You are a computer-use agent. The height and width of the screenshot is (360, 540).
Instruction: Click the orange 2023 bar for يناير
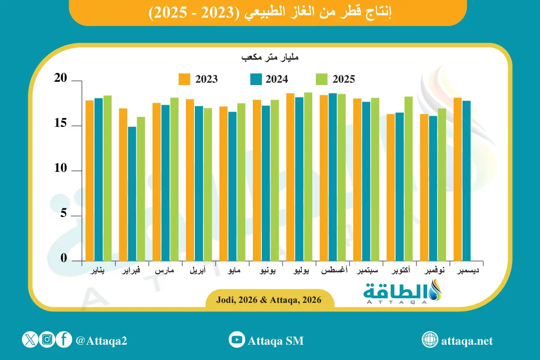[90, 180]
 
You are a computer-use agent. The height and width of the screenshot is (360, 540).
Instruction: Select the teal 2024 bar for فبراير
[131, 193]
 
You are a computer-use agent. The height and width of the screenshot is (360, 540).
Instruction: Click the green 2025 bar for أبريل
[207, 184]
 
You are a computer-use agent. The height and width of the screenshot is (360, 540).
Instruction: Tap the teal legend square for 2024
[255, 79]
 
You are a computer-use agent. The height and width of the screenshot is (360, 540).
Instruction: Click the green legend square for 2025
[322, 79]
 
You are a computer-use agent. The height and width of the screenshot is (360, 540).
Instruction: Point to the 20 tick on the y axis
[61, 79]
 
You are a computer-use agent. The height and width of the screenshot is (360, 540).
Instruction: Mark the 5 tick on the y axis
[63, 214]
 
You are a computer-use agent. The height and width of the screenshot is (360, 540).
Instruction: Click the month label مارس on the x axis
[164, 271]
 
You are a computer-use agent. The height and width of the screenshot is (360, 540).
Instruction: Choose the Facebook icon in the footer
[64, 339]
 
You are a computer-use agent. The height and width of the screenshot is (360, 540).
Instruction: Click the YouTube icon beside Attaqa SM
[236, 339]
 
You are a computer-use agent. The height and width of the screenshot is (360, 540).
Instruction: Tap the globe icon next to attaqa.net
[430, 340]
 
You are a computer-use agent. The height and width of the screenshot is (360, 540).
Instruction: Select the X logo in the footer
[30, 339]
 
